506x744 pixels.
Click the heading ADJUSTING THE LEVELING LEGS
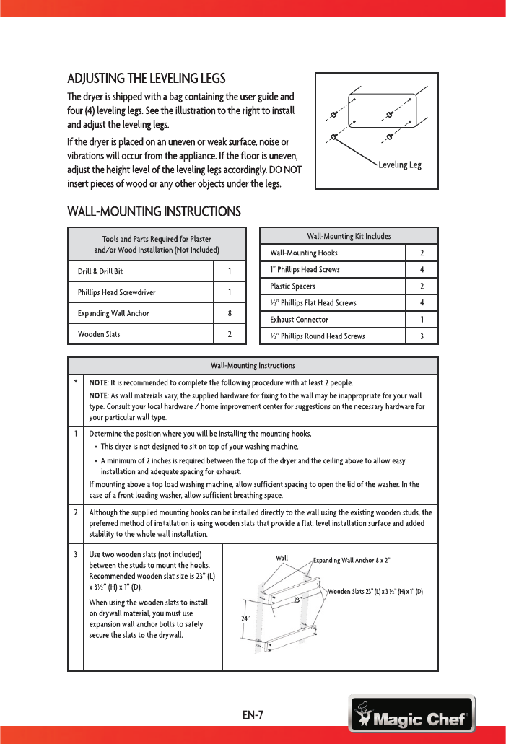click(147, 78)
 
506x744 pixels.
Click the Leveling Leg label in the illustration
click(399, 165)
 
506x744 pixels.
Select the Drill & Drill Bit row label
click(105, 272)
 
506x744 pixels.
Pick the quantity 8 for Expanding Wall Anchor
click(230, 314)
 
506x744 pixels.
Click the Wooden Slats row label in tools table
click(99, 334)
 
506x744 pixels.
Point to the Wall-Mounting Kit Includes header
click(349, 236)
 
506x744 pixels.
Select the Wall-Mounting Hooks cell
click(303, 253)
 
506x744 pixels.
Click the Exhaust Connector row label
click(299, 319)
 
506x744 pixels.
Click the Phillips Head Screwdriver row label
click(117, 293)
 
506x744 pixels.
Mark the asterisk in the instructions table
click(76, 382)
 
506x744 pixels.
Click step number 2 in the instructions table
click(76, 513)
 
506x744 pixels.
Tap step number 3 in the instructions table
click(76, 554)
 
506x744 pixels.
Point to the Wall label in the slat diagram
click(282, 558)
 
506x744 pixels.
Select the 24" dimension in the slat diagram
click(246, 618)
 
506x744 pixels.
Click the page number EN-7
click(253, 715)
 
